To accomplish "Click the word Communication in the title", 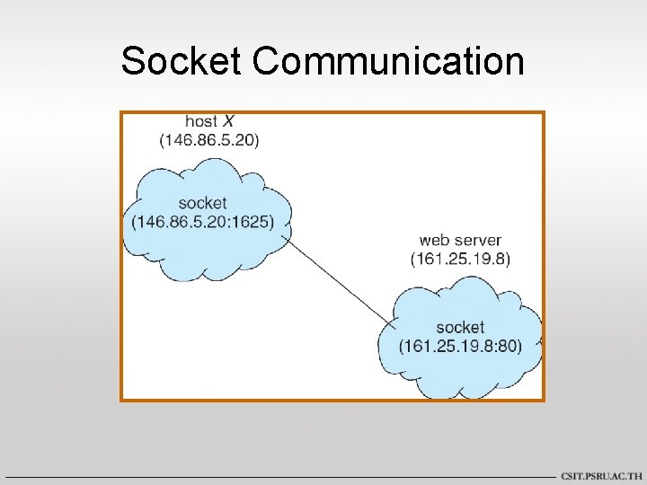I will pos(388,61).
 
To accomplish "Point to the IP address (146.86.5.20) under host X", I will pos(209,140).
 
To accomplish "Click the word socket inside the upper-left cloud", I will pos(202,203).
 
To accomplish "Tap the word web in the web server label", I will pos(434,241).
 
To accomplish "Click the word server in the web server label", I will pos(479,241).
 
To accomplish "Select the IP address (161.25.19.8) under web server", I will pos(460,260).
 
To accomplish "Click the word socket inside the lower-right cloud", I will pos(460,327).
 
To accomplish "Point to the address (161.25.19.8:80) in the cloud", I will pos(460,346).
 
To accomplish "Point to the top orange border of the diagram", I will pos(359,112).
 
